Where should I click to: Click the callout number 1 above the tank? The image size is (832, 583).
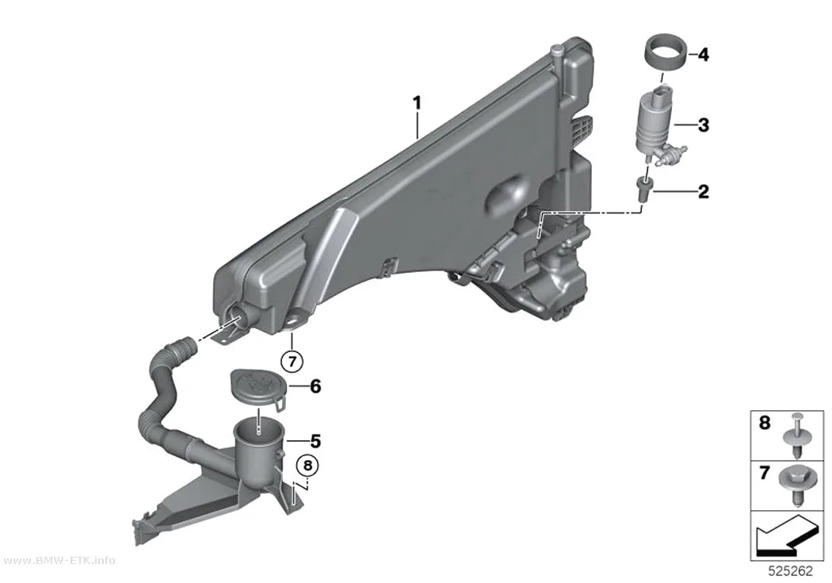[418, 102]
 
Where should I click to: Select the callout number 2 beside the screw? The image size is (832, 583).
[704, 192]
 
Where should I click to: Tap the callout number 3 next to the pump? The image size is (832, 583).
[704, 125]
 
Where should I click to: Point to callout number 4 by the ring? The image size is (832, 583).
[704, 54]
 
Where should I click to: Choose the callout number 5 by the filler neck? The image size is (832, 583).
[315, 441]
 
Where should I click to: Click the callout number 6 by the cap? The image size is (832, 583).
[315, 386]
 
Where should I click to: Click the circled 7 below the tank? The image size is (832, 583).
[292, 362]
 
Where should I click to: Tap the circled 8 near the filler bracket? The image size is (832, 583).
[307, 466]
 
